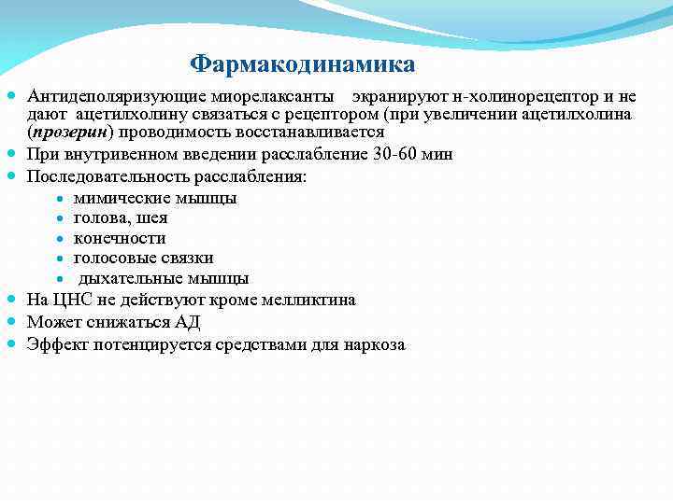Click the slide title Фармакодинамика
tap(302, 64)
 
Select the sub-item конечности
tap(119, 238)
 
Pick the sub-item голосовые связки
tap(143, 258)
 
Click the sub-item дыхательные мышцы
tap(163, 278)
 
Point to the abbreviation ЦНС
tap(69, 300)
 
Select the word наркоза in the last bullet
tap(374, 344)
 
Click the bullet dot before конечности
tap(59, 238)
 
